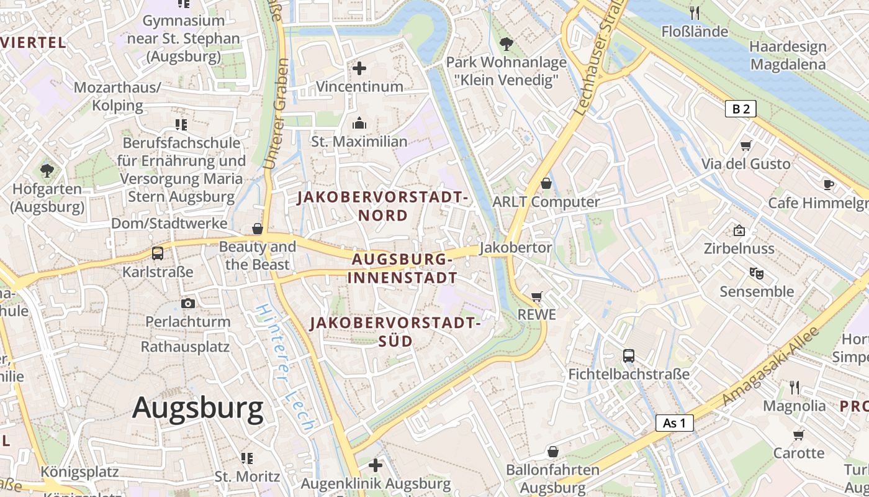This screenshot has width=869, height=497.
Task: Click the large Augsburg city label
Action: click(x=197, y=408)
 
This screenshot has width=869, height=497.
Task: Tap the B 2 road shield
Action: click(x=741, y=109)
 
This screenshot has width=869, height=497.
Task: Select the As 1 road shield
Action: click(x=674, y=423)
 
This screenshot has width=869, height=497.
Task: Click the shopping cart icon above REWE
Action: click(x=537, y=297)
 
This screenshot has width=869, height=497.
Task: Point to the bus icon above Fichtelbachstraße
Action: click(x=629, y=356)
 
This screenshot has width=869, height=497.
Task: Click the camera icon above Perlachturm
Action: click(x=188, y=303)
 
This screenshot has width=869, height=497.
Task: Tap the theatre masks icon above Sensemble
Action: click(x=756, y=273)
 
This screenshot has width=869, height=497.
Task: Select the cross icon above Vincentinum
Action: click(x=359, y=68)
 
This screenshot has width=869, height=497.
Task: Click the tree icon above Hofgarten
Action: click(x=47, y=170)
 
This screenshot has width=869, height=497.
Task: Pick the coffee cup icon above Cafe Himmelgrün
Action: click(x=828, y=185)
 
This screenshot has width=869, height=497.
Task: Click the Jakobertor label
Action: click(x=516, y=247)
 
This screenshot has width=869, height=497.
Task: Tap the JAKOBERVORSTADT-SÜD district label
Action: click(x=395, y=332)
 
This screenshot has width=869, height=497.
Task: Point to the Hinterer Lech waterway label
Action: click(x=285, y=368)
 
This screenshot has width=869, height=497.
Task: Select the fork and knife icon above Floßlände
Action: click(x=695, y=12)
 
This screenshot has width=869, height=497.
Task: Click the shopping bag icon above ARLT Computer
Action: click(x=546, y=183)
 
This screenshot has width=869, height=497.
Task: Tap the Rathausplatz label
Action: click(x=185, y=347)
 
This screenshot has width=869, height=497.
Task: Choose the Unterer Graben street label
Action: click(x=276, y=114)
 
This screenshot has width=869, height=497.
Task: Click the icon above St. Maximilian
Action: click(x=359, y=124)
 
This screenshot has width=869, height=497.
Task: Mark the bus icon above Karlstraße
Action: click(x=158, y=253)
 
